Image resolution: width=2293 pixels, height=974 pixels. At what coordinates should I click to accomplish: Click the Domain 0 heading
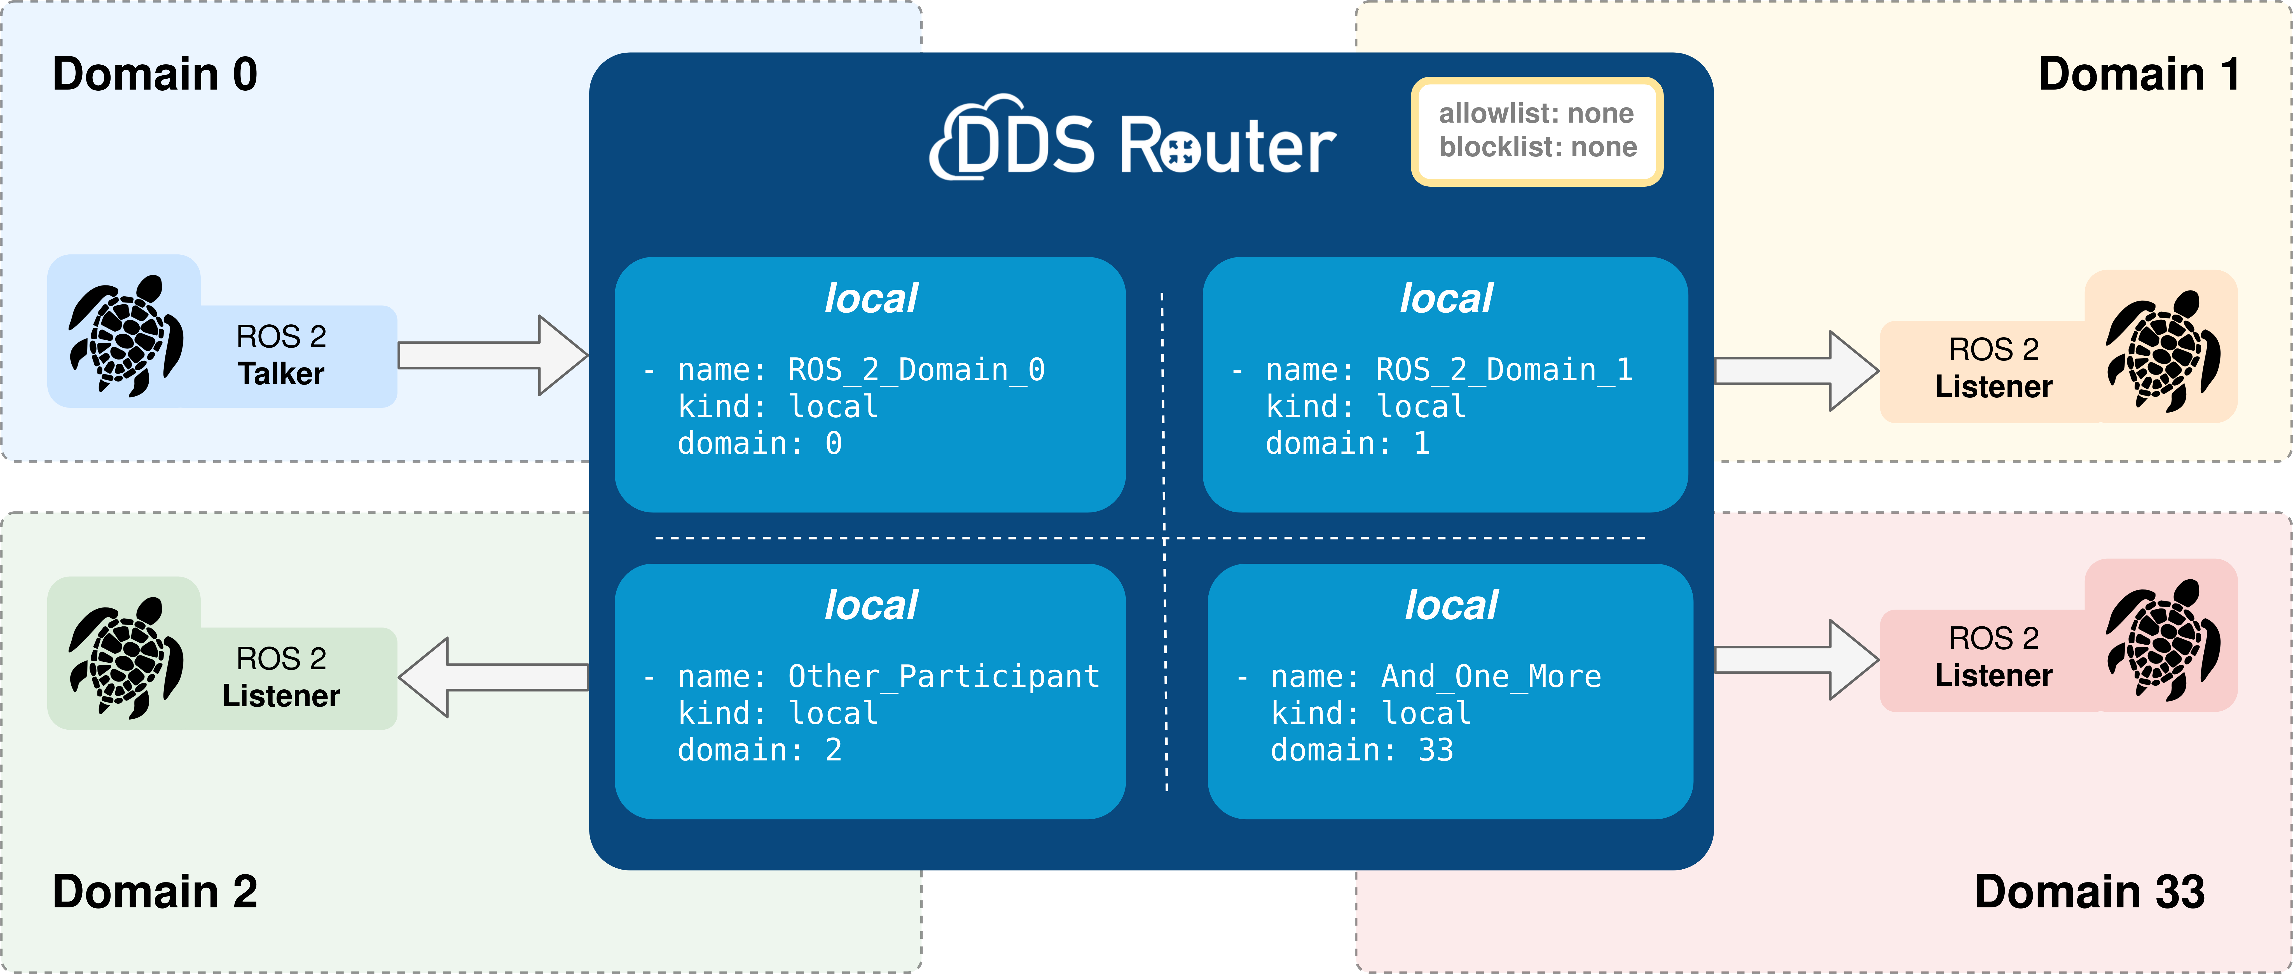pos(155,74)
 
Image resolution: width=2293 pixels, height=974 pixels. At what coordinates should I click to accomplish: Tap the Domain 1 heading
pos(2139,74)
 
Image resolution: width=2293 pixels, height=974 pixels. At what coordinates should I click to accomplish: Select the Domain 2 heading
pos(155,891)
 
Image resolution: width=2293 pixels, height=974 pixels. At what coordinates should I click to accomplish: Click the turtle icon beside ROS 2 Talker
pos(127,336)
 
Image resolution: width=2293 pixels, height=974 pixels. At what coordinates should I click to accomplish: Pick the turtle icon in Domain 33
pos(2163,640)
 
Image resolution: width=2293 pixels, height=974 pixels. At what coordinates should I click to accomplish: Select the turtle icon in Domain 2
pos(127,658)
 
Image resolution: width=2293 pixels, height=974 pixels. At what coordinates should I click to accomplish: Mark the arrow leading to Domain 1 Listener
pos(1796,370)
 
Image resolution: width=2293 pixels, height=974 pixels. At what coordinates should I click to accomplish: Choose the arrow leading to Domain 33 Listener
pos(1796,660)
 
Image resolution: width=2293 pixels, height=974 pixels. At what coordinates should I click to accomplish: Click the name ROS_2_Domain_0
pos(916,369)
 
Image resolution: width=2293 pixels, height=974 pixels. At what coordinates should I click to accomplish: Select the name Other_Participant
pos(944,677)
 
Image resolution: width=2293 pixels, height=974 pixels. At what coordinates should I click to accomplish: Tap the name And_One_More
pos(1491,677)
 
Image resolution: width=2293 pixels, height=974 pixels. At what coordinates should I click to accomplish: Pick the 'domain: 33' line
pos(1362,750)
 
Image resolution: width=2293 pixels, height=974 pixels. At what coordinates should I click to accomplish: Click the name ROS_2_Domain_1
pos(1504,369)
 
